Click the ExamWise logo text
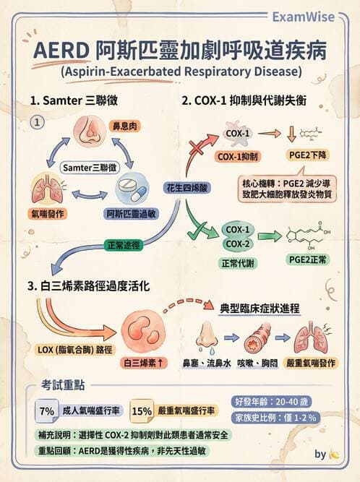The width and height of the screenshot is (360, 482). pyautogui.click(x=303, y=17)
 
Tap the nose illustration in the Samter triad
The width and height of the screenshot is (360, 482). pyautogui.click(x=90, y=132)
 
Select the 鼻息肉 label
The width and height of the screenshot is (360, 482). pyautogui.click(x=124, y=126)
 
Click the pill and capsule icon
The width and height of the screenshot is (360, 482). pyautogui.click(x=132, y=188)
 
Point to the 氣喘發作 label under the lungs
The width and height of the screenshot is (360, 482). pyautogui.click(x=48, y=213)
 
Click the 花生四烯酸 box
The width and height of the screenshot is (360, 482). pyautogui.click(x=187, y=187)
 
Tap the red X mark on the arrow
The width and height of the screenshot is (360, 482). pyautogui.click(x=197, y=148)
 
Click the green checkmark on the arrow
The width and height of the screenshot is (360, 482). pyautogui.click(x=197, y=231)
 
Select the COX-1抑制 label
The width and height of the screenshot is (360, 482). pyautogui.click(x=237, y=157)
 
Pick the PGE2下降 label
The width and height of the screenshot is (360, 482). pyautogui.click(x=308, y=155)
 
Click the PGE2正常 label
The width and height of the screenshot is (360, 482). pyautogui.click(x=308, y=259)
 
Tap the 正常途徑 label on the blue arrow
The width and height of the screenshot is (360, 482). pyautogui.click(x=124, y=245)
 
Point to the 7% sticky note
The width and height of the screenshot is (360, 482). pyautogui.click(x=47, y=410)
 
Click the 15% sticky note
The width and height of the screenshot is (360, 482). pyautogui.click(x=142, y=410)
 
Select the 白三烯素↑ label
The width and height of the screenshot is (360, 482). pyautogui.click(x=144, y=363)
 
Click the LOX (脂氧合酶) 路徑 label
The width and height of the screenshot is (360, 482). pyautogui.click(x=74, y=350)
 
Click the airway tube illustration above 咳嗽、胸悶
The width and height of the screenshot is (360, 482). pyautogui.click(x=257, y=337)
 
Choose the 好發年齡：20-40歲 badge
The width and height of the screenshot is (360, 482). pyautogui.click(x=271, y=402)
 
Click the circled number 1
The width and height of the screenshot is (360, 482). pyautogui.click(x=37, y=122)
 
